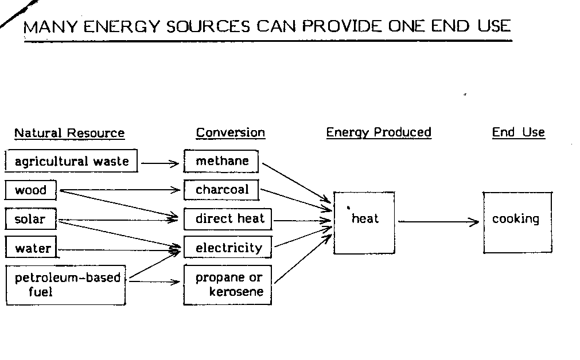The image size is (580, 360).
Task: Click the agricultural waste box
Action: (72, 161)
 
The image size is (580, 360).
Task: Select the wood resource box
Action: (32, 190)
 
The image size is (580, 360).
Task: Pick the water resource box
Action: (33, 248)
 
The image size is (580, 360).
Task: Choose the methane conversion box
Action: (221, 161)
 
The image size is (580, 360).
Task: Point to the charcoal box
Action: (221, 190)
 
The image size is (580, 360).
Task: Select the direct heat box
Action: (228, 219)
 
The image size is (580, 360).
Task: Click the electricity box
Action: (228, 248)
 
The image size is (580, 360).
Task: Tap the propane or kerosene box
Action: (228, 285)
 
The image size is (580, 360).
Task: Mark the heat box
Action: (364, 222)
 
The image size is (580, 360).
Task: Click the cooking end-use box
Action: (517, 222)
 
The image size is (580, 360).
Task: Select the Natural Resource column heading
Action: (69, 134)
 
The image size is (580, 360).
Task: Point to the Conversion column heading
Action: (231, 133)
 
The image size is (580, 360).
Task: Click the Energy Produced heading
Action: (379, 132)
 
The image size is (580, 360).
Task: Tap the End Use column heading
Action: (518, 132)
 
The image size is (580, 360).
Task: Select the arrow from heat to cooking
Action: (438, 222)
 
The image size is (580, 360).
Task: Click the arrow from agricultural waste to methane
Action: (161, 163)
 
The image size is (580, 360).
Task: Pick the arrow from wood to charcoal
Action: (120, 190)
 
